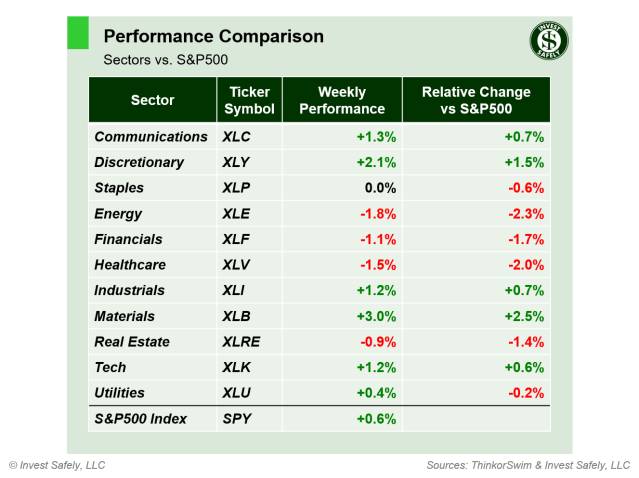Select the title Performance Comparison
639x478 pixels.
pyautogui.click(x=213, y=37)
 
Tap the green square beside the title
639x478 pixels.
pyautogui.click(x=78, y=32)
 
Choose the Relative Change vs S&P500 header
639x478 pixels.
pyautogui.click(x=477, y=100)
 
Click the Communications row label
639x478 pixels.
pyautogui.click(x=150, y=136)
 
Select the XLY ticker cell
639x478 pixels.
pyautogui.click(x=238, y=162)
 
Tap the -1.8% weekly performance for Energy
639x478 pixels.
pyautogui.click(x=377, y=213)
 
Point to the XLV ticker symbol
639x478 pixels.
pyautogui.click(x=238, y=265)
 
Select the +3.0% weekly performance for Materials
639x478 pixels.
pyautogui.click(x=376, y=316)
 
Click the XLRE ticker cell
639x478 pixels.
pyautogui.click(x=242, y=342)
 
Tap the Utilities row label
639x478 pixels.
pyautogui.click(x=119, y=393)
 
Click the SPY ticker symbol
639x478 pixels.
pyautogui.click(x=238, y=419)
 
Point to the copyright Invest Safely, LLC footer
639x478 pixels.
pyautogui.click(x=57, y=465)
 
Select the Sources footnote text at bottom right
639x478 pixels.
pyautogui.click(x=528, y=465)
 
